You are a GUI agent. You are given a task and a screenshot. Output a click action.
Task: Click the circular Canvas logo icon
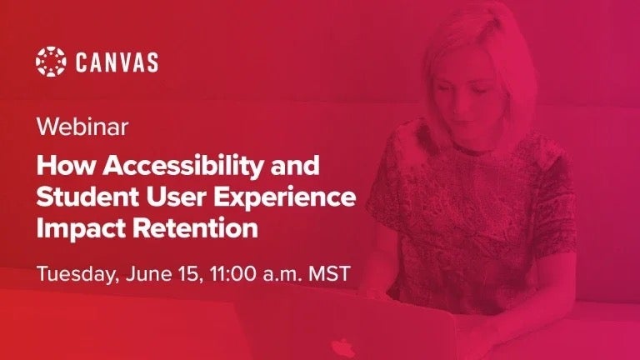click(x=51, y=62)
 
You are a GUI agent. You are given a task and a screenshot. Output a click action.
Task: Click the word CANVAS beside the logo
click(x=117, y=62)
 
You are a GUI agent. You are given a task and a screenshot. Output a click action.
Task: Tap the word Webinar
click(x=82, y=127)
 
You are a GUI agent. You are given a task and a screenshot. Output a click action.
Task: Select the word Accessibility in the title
click(x=183, y=167)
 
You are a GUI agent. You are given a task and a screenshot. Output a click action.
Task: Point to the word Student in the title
click(x=87, y=197)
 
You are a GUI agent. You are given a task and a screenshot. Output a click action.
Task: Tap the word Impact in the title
click(x=81, y=230)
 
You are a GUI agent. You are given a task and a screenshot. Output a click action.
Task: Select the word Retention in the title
click(x=195, y=228)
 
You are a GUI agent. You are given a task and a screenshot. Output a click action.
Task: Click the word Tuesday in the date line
click(x=77, y=274)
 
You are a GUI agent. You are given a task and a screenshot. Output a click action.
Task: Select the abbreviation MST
click(x=329, y=273)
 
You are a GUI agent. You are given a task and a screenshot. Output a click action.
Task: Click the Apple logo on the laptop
click(x=342, y=348)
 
